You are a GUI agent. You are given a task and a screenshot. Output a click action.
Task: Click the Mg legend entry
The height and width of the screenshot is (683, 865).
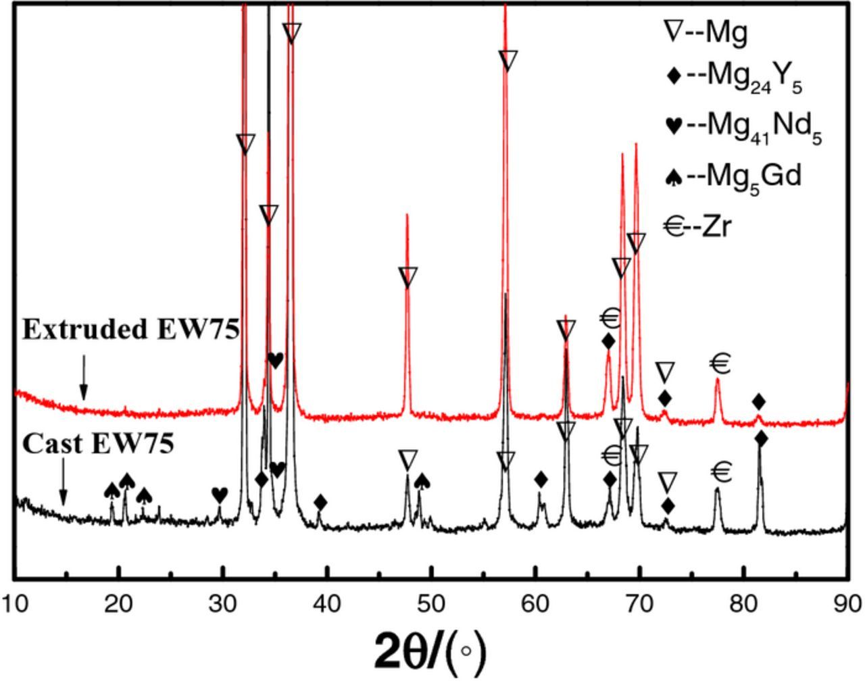pos(707,32)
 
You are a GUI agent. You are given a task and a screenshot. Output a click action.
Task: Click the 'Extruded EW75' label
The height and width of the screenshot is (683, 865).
pos(131,330)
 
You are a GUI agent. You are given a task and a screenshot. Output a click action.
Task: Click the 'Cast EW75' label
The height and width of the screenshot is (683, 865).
pos(99,445)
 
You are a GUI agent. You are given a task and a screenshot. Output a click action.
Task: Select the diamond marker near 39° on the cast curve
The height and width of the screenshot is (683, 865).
pos(321,502)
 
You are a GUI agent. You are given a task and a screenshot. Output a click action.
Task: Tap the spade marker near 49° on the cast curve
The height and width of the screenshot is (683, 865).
pos(422,481)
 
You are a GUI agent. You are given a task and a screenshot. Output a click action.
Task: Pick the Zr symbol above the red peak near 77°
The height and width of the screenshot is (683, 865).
pos(721,364)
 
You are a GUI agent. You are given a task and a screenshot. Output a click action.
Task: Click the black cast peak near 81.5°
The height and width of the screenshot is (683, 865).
pos(760,473)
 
